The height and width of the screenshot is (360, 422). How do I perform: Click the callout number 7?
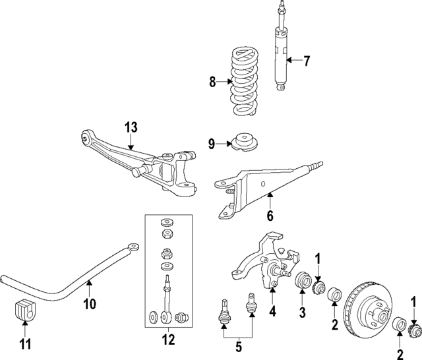point(306,61)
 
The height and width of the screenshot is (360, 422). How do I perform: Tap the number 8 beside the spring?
point(212,82)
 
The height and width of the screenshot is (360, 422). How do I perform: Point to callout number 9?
point(212,144)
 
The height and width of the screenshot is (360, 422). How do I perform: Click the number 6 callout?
point(269,214)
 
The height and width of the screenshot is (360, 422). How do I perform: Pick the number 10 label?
point(90,303)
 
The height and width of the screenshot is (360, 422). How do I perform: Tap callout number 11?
point(25,343)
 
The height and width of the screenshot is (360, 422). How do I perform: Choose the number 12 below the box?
point(168,340)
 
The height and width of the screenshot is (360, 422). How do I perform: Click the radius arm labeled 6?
point(264,185)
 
